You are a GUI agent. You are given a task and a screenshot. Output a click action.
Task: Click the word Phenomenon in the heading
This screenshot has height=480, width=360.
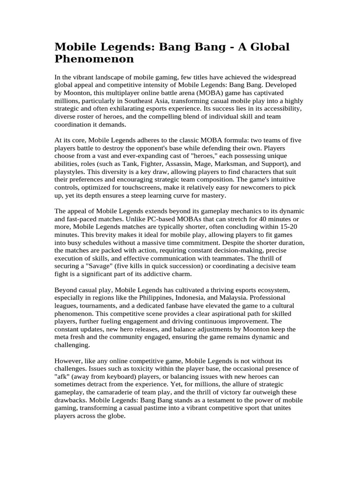pyautogui.click(x=94, y=60)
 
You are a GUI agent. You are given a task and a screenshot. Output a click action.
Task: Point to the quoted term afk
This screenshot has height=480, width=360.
pyautogui.click(x=62, y=377)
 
